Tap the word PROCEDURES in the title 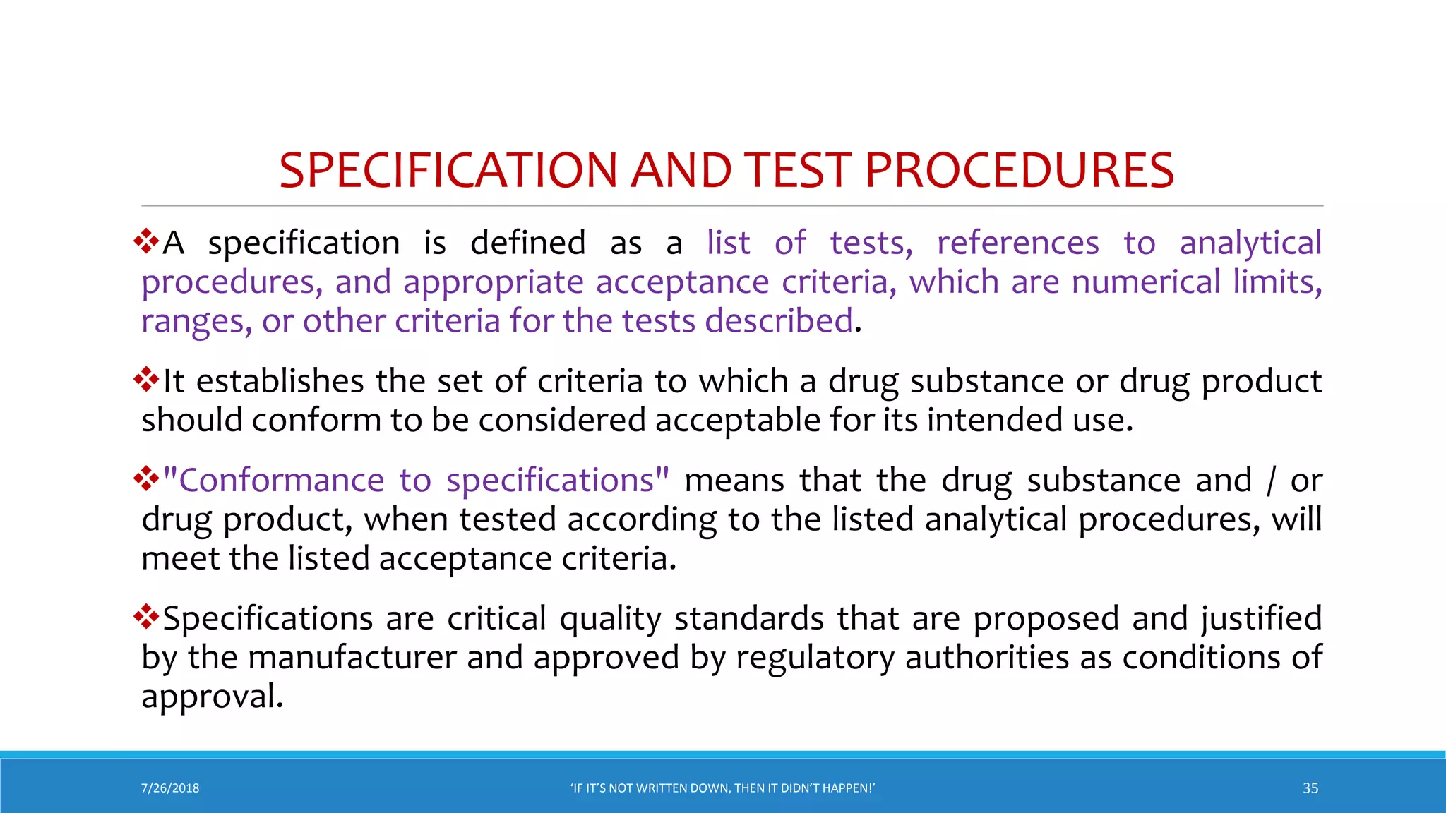click(x=1019, y=171)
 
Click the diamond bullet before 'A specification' click(x=146, y=241)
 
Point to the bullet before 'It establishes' click(x=146, y=380)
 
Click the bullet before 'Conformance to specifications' click(x=146, y=478)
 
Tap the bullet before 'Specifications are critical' click(x=146, y=617)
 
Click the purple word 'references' click(x=1017, y=243)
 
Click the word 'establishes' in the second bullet click(x=280, y=381)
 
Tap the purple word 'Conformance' click(x=281, y=481)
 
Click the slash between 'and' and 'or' click(x=1271, y=481)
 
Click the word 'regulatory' click(x=815, y=658)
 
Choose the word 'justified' click(x=1261, y=619)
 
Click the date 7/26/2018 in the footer click(x=170, y=788)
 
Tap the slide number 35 click(x=1310, y=788)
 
